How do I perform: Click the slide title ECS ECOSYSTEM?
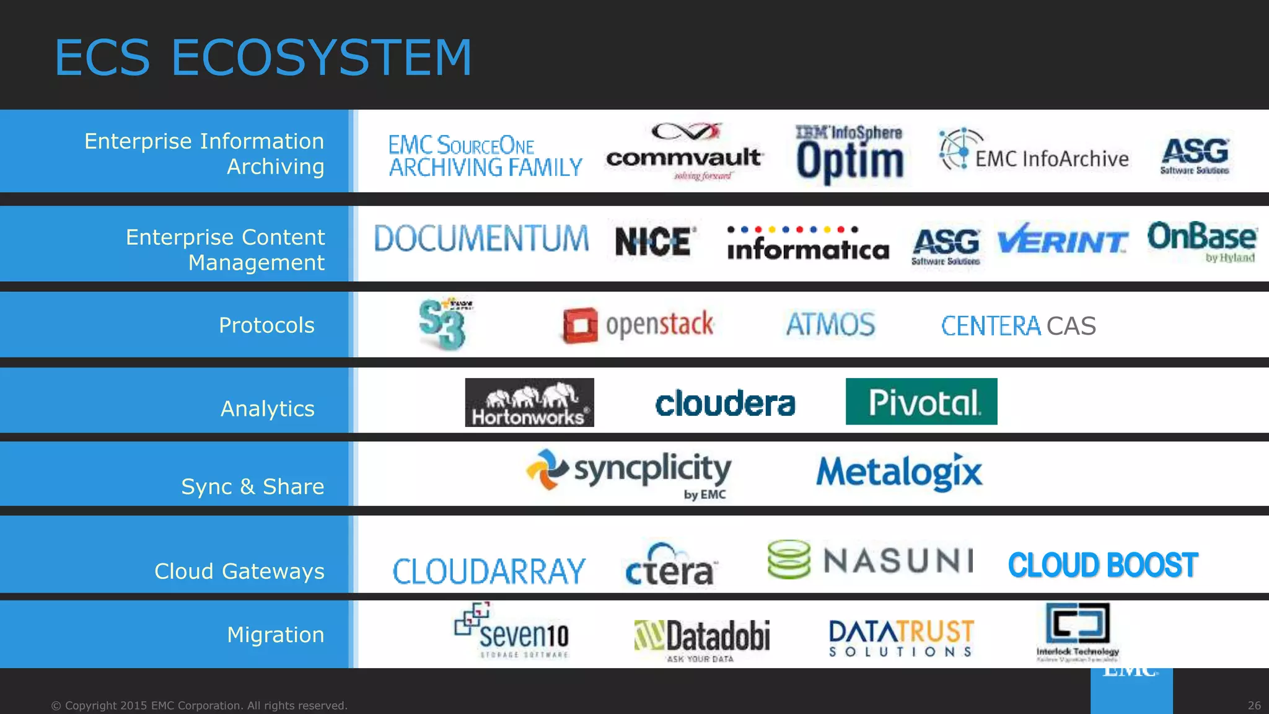click(263, 58)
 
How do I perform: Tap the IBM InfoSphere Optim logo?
click(850, 154)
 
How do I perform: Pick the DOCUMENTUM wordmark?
click(481, 239)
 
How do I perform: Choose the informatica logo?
click(807, 244)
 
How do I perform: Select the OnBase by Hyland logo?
click(1201, 242)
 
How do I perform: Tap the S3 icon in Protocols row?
click(442, 324)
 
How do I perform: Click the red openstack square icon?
click(580, 325)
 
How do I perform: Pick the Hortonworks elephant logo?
click(529, 402)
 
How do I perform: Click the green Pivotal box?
click(921, 402)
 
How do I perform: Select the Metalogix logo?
click(898, 472)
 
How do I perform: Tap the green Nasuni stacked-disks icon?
click(788, 559)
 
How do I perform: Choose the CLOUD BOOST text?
click(1102, 565)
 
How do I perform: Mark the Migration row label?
click(275, 635)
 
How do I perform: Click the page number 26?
click(1254, 705)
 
